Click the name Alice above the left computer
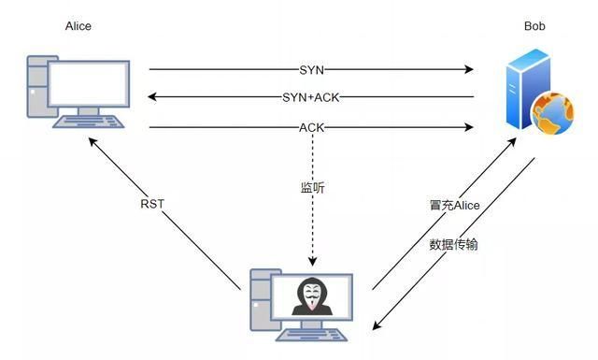pyautogui.click(x=78, y=26)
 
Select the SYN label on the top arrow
pyautogui.click(x=310, y=69)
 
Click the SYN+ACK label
pyautogui.click(x=310, y=97)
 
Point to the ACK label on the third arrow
pyautogui.click(x=311, y=127)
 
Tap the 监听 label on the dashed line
pyautogui.click(x=312, y=188)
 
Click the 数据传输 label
pyautogui.click(x=455, y=244)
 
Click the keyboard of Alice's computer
pyautogui.click(x=90, y=122)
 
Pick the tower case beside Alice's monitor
pyautogui.click(x=37, y=90)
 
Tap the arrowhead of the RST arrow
pyautogui.click(x=92, y=140)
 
